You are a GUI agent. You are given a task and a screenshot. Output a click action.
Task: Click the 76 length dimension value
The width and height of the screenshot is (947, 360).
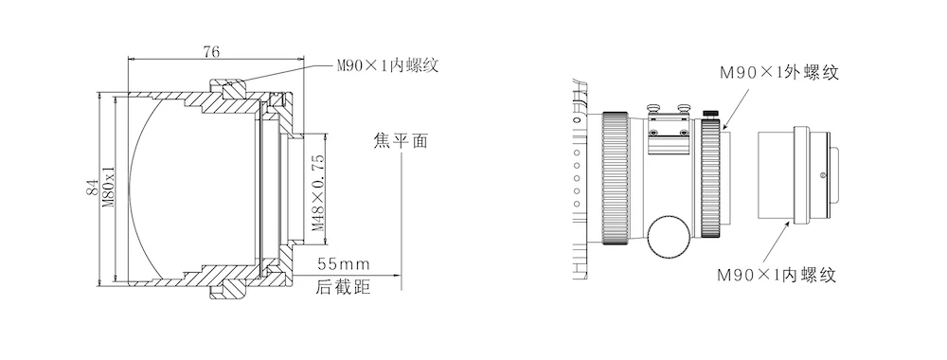211,52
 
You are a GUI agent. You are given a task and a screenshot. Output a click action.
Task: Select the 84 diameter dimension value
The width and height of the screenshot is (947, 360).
93,188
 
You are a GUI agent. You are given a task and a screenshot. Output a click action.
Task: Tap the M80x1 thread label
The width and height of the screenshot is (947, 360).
109,188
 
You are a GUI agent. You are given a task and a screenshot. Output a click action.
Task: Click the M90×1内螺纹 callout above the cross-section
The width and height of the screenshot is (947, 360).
387,65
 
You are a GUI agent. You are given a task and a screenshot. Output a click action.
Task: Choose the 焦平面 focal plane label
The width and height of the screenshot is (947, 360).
401,141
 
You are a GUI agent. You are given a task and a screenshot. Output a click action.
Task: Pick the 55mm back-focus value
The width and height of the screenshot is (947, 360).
344,264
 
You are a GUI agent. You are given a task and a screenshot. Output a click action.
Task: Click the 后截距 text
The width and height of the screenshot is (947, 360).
343,287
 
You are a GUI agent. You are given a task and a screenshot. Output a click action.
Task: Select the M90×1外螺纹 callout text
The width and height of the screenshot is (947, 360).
779,73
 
